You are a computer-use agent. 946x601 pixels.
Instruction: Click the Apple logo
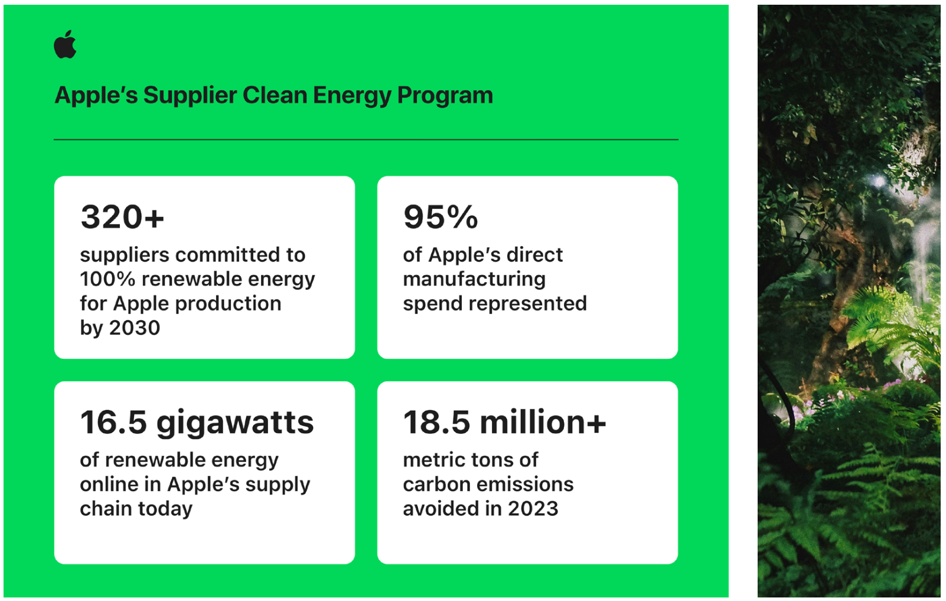coord(66,44)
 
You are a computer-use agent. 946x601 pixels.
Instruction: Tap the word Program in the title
coord(445,96)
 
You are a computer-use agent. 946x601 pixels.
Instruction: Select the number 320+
coord(122,217)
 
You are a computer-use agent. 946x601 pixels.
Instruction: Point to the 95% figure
coord(441,217)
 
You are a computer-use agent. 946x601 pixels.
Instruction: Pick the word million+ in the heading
coord(543,422)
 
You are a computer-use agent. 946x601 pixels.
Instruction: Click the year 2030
coord(135,328)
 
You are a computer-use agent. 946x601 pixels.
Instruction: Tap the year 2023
coord(533,508)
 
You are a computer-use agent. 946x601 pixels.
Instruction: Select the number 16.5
coord(113,422)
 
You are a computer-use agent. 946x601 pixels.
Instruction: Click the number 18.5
coord(436,422)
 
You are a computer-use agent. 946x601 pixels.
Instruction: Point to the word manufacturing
coord(474,280)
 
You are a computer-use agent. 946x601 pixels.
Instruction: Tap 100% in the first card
coord(107,279)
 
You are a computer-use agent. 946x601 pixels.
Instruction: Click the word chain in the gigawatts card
coord(106,508)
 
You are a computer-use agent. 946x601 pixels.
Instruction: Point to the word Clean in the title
coord(275,95)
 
